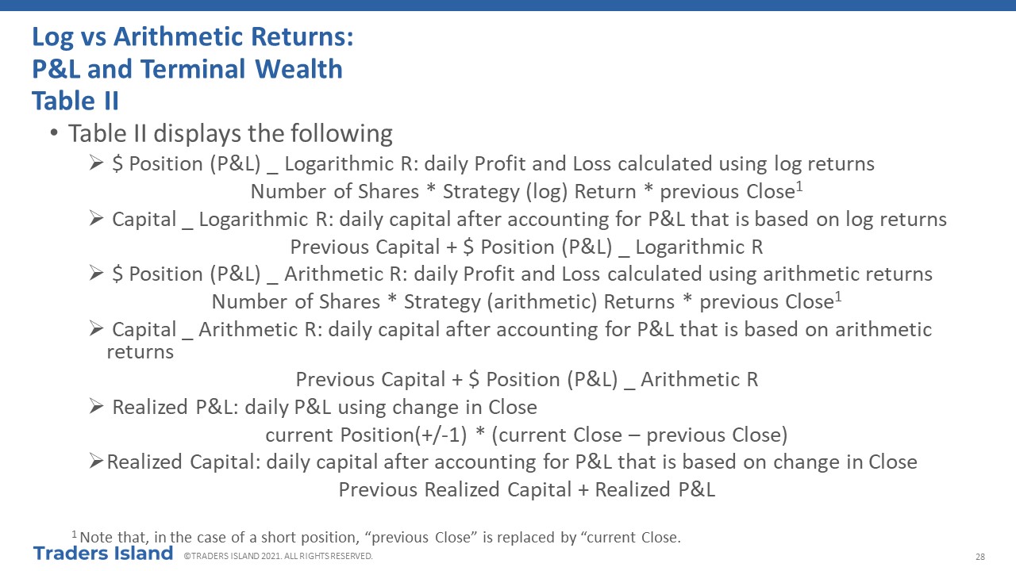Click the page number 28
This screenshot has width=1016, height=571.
(x=980, y=557)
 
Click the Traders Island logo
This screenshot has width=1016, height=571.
(x=103, y=554)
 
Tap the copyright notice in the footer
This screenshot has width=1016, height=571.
(x=278, y=556)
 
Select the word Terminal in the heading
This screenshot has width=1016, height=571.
(x=193, y=69)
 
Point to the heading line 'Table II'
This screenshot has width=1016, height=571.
(x=75, y=101)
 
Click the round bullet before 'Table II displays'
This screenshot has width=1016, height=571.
(x=54, y=132)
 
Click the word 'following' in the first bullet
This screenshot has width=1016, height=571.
(x=341, y=134)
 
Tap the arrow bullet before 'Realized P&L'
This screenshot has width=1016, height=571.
(x=96, y=407)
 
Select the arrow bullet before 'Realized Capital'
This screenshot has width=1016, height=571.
(x=96, y=462)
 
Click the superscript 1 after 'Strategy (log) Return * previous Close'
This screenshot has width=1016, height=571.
(x=799, y=186)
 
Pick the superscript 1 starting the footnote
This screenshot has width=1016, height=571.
(x=75, y=535)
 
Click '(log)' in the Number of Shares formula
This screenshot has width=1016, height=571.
(x=547, y=192)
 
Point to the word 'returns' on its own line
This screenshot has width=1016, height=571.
(x=140, y=352)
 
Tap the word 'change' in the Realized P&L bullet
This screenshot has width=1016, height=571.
(x=426, y=408)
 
